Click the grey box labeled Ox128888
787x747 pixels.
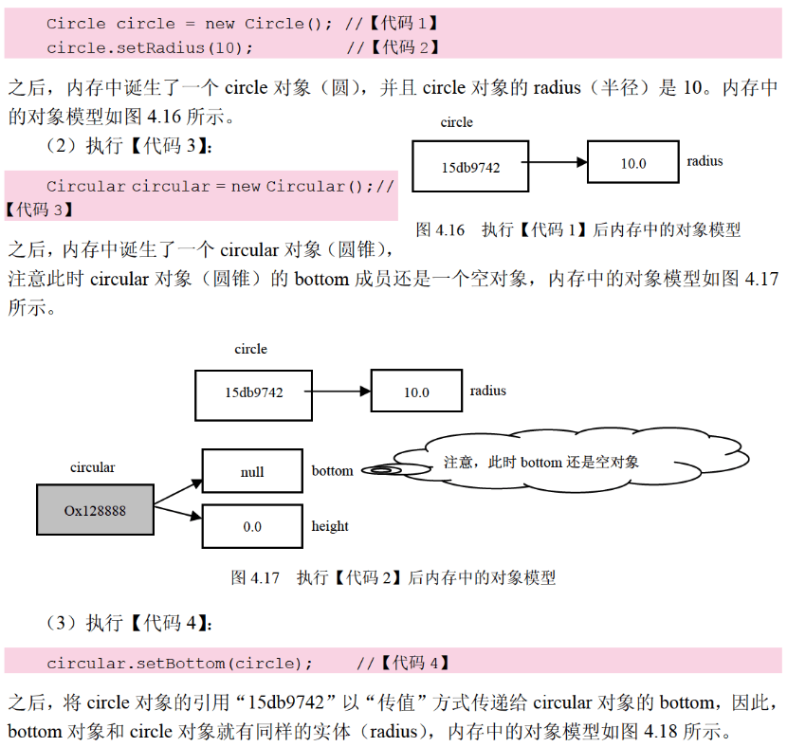coord(95,510)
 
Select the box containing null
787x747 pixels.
coord(252,471)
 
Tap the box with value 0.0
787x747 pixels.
coord(252,526)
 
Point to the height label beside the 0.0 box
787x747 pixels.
coord(330,526)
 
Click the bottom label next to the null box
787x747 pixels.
coord(332,471)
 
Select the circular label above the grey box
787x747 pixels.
coord(93,467)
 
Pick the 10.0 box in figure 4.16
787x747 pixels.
coord(632,163)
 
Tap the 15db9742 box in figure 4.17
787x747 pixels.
coord(253,392)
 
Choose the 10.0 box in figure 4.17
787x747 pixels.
coord(416,392)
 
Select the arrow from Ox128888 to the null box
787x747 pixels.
coord(178,487)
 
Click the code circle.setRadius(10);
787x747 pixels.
coord(149,47)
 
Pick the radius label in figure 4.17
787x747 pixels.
coord(488,391)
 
